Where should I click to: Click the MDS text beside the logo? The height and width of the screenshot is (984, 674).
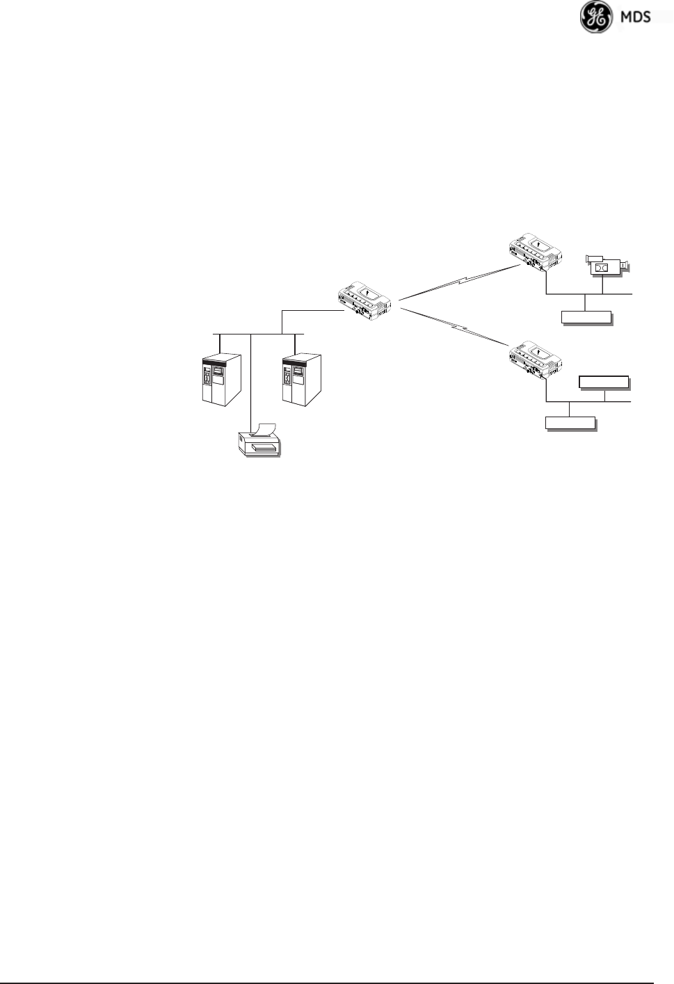point(635,17)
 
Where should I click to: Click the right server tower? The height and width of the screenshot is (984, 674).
point(300,379)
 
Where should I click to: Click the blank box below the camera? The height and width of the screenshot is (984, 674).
point(586,318)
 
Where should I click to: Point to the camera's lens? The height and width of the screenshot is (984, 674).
point(626,265)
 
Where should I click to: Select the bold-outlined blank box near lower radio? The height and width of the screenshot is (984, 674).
point(604,381)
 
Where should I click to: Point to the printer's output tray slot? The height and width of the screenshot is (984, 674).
point(259,448)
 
